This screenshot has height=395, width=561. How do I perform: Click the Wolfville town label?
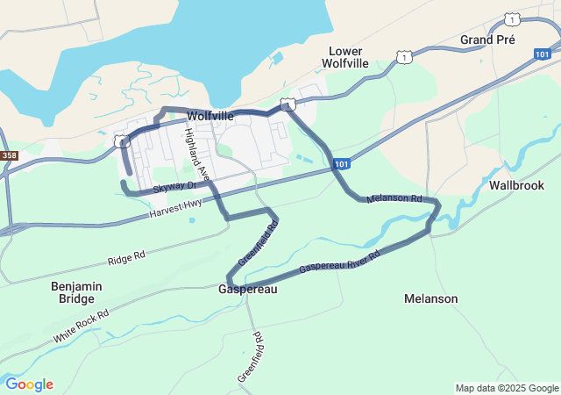tap(209, 115)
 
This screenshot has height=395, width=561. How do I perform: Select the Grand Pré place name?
tap(487, 40)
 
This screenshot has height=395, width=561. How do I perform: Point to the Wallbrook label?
tap(516, 185)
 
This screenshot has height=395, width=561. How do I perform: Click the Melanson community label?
tap(430, 298)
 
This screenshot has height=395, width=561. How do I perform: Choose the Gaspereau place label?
tap(248, 289)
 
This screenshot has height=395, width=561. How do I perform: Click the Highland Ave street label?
tap(195, 152)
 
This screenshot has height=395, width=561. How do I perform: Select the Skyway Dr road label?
tap(174, 188)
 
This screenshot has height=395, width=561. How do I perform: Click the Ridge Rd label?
tap(126, 259)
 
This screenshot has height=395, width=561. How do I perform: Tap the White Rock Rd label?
tap(81, 326)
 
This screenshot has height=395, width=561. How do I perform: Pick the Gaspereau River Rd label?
tap(338, 262)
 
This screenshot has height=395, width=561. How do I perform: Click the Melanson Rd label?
tap(394, 199)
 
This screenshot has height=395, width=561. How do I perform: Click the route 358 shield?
tap(9, 155)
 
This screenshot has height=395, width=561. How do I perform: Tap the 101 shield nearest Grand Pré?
tap(542, 54)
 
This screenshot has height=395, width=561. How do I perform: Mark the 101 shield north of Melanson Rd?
tap(342, 163)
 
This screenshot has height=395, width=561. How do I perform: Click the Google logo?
tap(29, 384)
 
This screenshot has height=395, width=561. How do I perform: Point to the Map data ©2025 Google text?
tap(507, 388)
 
